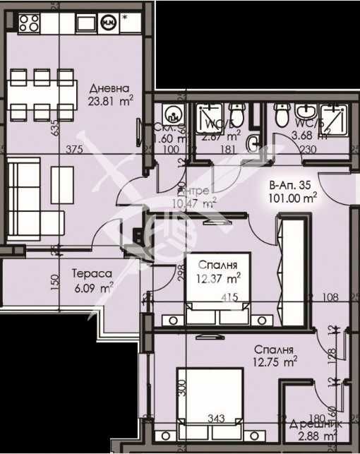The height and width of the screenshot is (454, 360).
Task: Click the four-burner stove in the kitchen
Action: coord(28,23)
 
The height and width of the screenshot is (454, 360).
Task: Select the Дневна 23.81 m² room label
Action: coord(110,95)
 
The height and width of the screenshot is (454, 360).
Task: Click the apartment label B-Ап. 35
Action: coord(291,186)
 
